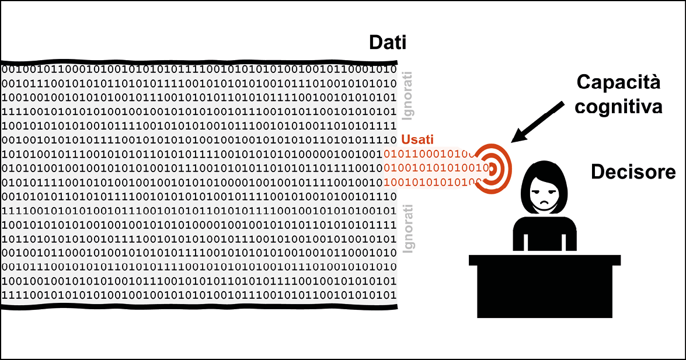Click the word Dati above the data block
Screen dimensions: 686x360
pos(388,43)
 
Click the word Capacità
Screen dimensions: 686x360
pos(618,82)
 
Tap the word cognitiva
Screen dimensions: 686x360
pos(618,106)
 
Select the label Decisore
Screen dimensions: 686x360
pos(633,172)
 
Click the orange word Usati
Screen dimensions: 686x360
pos(417,139)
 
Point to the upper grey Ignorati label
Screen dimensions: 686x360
pos(408,96)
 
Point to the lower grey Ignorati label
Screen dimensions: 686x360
pos(408,228)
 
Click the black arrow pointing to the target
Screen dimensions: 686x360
pos(537,122)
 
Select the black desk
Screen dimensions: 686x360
pos(545,286)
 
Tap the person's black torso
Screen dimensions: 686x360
pos(545,234)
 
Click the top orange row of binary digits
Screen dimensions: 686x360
pos(429,154)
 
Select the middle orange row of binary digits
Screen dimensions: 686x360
pos(436,167)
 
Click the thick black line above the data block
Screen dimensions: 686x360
pos(199,62)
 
